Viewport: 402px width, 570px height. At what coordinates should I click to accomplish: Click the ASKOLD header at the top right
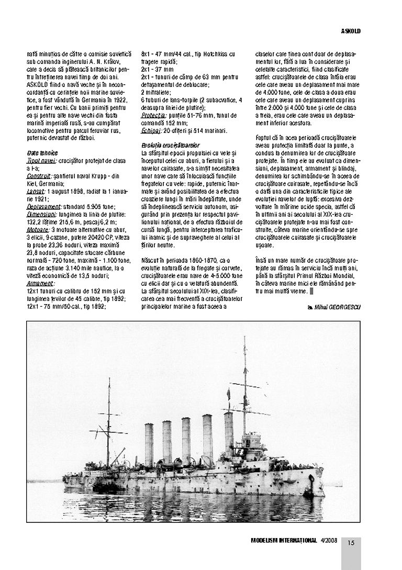[x=351, y=31]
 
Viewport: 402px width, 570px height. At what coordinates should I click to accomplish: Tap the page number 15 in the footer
[x=351, y=543]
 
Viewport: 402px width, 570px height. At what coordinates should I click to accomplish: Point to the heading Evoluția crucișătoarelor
[x=170, y=145]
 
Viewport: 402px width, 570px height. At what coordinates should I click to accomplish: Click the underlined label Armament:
[x=40, y=284]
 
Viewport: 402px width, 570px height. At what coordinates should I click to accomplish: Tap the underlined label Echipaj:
[x=150, y=130]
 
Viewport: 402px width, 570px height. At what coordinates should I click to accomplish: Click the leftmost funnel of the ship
[x=149, y=445]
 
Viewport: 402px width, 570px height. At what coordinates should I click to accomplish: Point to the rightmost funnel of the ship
[x=229, y=434]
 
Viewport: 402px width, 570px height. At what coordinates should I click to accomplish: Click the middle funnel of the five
[x=186, y=441]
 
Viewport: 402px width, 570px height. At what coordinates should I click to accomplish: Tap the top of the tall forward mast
[x=244, y=339]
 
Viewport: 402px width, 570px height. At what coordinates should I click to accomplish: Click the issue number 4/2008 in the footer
[x=330, y=541]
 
